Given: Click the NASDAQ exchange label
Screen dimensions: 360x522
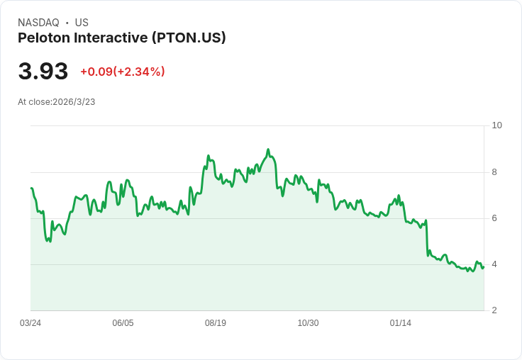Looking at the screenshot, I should [39, 23].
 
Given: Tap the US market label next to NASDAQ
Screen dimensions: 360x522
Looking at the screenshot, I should [82, 23].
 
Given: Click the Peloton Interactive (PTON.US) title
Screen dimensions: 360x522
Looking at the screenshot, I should [121, 38].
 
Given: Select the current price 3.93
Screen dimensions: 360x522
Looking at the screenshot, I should [43, 71].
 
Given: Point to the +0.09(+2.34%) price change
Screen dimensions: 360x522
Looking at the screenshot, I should [122, 72].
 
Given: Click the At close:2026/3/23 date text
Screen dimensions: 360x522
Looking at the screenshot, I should [57, 102].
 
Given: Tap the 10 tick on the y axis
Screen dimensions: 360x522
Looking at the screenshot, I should [497, 125].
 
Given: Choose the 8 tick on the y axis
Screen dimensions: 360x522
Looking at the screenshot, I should [495, 172].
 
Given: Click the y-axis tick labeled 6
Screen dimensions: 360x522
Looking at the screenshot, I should [495, 218].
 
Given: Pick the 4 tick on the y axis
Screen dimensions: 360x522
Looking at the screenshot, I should [495, 264].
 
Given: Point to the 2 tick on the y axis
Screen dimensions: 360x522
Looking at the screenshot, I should [495, 310].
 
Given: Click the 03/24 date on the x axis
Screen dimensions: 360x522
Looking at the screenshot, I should [30, 323].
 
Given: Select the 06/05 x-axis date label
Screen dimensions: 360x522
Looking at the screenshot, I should [123, 323].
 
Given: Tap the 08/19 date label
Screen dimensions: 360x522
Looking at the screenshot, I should [216, 323].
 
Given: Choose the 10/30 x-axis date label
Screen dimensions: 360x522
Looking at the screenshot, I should [308, 323].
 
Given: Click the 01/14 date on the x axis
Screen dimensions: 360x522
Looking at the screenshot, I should [401, 323].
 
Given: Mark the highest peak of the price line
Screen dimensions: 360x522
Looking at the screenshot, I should [268, 150].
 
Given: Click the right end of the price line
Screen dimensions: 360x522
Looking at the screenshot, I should [484, 266].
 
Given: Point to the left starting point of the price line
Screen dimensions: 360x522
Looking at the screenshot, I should [31, 188].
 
